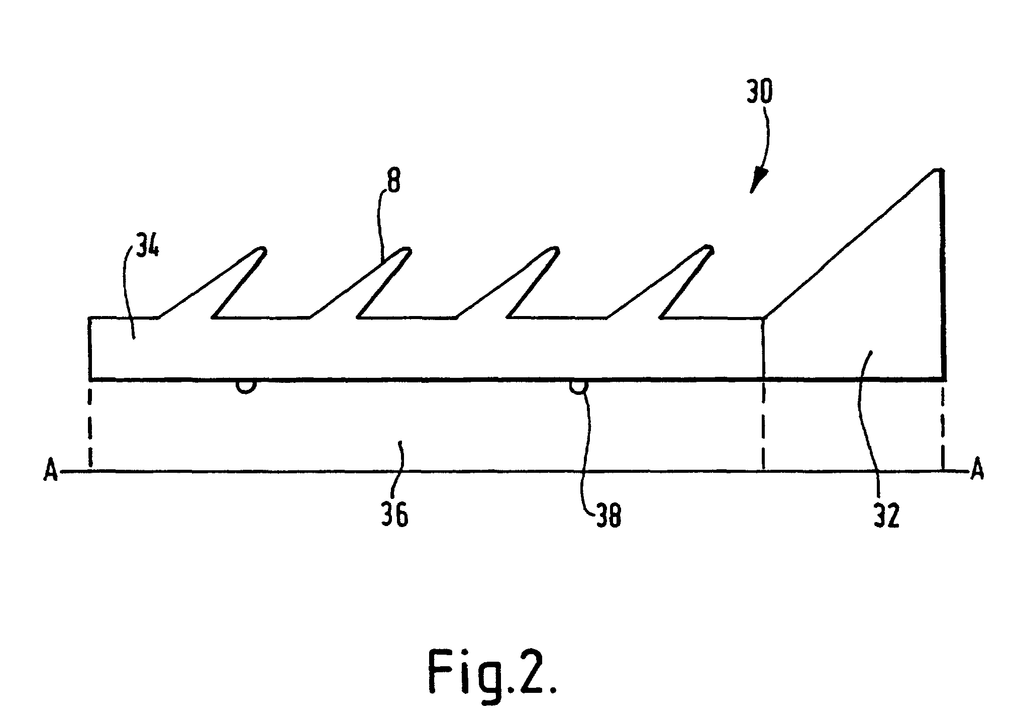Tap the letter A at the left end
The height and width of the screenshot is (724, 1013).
click(x=51, y=472)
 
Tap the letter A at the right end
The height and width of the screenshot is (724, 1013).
click(x=976, y=472)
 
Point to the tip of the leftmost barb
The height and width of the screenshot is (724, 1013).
click(x=261, y=250)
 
